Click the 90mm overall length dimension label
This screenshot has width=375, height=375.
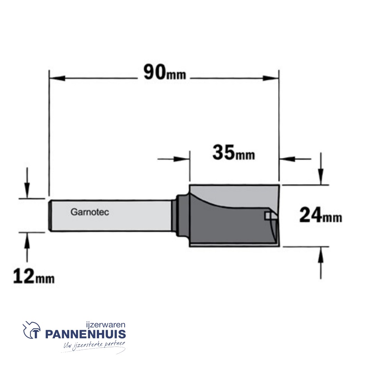click(x=165, y=73)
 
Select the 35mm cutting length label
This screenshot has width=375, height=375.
click(x=234, y=152)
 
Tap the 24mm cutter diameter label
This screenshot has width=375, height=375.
click(x=321, y=215)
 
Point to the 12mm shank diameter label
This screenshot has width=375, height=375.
click(x=34, y=276)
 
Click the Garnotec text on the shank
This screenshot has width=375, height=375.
click(x=90, y=212)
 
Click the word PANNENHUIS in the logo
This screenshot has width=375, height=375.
click(x=85, y=334)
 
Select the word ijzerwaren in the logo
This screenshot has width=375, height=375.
click(x=106, y=325)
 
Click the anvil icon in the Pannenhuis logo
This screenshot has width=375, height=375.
click(x=32, y=330)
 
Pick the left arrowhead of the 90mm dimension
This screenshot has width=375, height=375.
click(x=57, y=78)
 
